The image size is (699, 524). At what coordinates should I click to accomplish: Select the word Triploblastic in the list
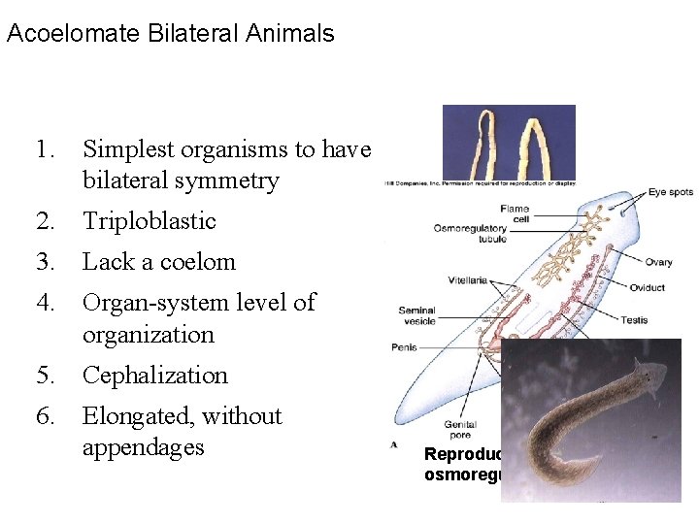coord(149,221)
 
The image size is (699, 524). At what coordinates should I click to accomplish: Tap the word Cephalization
coord(155,376)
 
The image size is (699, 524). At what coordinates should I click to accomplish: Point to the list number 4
coord(45,303)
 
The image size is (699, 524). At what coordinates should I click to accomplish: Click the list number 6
coord(45,416)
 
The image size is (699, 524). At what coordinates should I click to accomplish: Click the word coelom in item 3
coord(198,262)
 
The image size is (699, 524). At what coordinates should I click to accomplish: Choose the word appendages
coord(143,447)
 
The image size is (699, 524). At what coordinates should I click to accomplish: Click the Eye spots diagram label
coord(671,192)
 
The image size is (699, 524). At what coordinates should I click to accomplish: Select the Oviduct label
coord(647,287)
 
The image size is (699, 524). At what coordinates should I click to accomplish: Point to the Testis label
coord(634,319)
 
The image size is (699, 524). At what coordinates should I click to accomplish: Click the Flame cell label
coord(514,213)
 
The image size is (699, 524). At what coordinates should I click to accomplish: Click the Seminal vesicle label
coord(416,315)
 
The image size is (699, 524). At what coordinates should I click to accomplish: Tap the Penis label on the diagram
coord(404,345)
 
